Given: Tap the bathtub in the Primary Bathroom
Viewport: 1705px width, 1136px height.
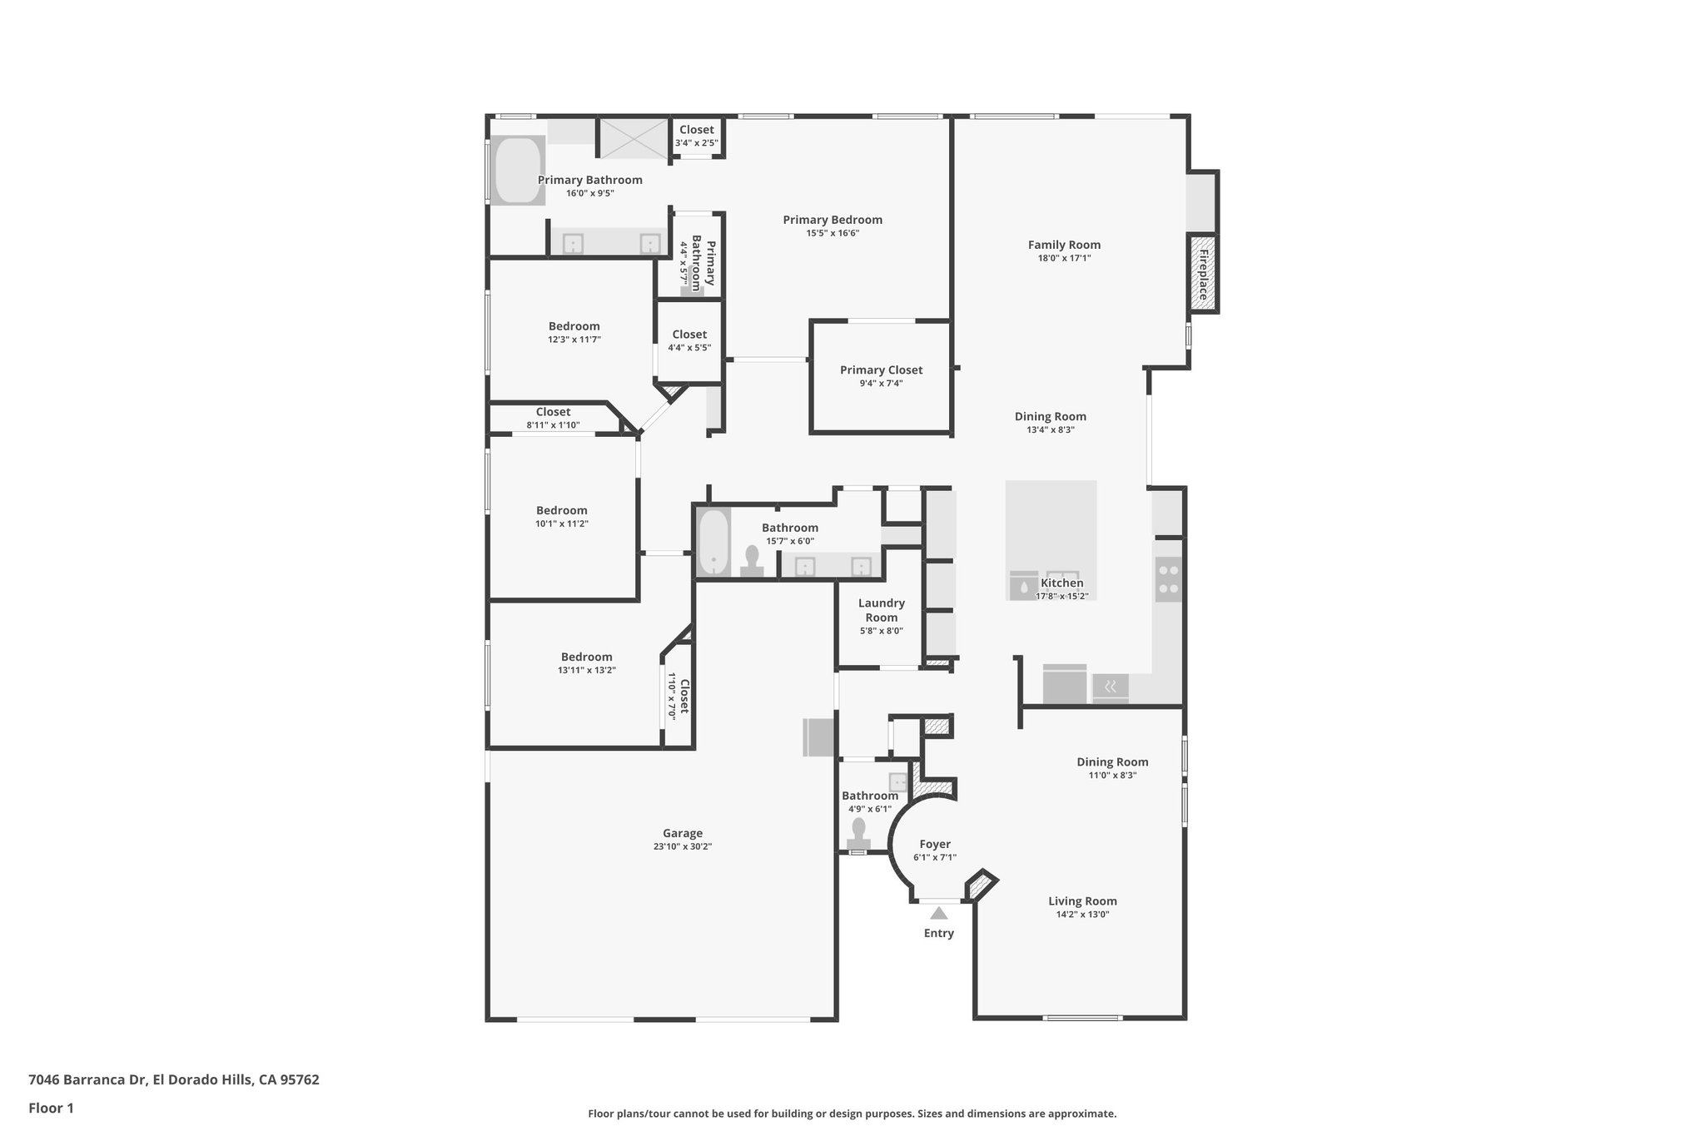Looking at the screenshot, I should (518, 170).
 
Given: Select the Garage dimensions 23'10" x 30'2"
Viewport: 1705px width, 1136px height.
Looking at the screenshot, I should (682, 846).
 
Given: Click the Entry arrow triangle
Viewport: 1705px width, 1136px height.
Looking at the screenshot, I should (938, 913).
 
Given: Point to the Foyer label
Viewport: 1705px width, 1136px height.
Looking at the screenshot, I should (934, 844).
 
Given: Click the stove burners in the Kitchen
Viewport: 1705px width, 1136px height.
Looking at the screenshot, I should (1168, 579).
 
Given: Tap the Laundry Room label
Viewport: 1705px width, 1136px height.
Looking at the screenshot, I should (881, 610).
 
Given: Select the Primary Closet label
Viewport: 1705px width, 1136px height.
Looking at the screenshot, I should (881, 370).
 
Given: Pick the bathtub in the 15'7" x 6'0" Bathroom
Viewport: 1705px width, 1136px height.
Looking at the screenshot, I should (713, 543).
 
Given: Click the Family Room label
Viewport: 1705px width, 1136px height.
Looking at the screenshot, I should (1063, 245).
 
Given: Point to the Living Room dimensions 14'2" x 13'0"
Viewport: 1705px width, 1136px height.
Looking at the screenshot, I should (1082, 915).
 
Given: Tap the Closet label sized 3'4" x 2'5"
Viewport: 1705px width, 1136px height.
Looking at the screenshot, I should (696, 130).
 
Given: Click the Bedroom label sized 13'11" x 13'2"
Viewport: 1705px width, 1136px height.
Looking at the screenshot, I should (586, 657).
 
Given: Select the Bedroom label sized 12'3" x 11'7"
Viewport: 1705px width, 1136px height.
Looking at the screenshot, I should (574, 326).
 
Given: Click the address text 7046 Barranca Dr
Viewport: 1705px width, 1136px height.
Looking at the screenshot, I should (87, 1080).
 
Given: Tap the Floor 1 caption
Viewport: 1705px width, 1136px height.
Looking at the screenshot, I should (51, 1108).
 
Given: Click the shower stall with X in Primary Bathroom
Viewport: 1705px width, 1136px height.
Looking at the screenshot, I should (634, 137).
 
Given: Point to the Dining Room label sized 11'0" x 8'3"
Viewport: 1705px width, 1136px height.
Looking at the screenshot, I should (1111, 761).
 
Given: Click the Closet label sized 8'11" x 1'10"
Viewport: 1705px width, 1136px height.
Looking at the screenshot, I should (553, 412).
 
